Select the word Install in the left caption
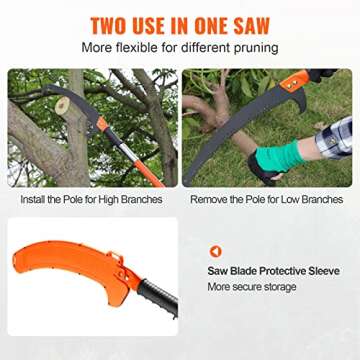coord(36,200)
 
